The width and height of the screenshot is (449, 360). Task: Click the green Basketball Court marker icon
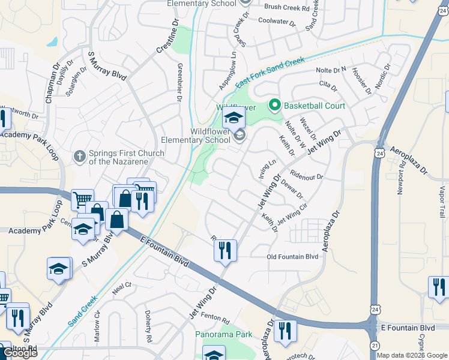276,106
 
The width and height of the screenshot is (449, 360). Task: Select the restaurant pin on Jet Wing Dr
225,250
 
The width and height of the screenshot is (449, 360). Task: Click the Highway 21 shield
375,346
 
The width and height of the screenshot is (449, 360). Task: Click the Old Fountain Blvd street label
292,257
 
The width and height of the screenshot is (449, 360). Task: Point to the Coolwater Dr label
277,22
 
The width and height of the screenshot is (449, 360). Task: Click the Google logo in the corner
20,353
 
